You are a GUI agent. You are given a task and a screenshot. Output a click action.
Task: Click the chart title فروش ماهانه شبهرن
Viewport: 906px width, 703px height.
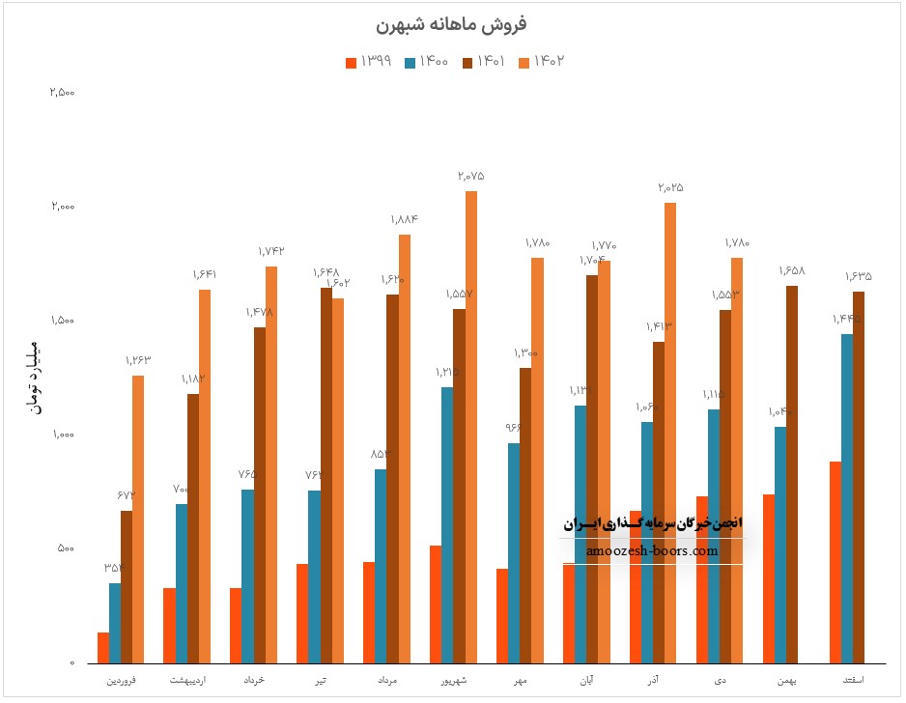(x=453, y=23)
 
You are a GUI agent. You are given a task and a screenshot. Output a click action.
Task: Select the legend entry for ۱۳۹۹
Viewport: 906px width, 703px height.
(x=368, y=61)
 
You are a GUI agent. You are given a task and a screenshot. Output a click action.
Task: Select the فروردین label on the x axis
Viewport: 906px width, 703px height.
(x=121, y=682)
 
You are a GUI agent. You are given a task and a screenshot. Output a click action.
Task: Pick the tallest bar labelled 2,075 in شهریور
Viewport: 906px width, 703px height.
(x=471, y=425)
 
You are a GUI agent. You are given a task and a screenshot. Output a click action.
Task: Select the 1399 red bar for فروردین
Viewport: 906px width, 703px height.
(x=103, y=648)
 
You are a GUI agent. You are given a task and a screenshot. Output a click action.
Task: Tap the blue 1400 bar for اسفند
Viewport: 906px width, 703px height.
(x=847, y=498)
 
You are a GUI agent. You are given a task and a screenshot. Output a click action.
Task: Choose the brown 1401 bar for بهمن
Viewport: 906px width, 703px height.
(x=792, y=473)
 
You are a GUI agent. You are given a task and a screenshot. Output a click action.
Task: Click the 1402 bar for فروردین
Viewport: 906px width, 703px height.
(x=138, y=520)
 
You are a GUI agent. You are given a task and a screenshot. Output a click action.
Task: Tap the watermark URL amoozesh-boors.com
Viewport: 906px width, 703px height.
(x=652, y=551)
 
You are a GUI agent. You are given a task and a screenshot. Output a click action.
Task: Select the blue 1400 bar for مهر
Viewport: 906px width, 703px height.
(x=514, y=553)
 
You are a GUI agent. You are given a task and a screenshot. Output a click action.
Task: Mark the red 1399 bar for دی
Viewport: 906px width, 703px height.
(x=702, y=579)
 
